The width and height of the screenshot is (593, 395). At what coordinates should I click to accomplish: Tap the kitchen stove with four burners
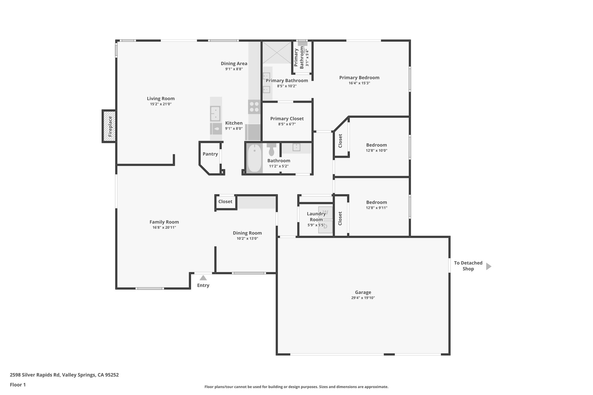pos(254,107)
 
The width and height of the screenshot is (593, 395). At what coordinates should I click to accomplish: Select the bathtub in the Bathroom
pos(254,158)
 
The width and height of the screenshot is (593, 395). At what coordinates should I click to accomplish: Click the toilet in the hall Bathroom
pos(271,149)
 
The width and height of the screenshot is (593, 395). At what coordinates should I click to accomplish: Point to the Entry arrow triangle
pos(203,278)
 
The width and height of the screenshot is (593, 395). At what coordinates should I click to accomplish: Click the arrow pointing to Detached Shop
pos(488,266)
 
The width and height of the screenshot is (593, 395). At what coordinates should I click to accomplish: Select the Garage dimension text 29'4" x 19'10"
pos(363,298)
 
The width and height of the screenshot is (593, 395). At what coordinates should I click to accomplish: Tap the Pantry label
pos(210,154)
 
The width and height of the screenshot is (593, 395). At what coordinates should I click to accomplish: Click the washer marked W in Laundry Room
pos(325,212)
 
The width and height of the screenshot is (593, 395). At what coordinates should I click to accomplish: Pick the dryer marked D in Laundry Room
pos(325,227)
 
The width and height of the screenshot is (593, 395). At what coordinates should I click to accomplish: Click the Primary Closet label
pos(287,119)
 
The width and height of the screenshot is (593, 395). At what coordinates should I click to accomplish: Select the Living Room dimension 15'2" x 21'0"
pos(161,104)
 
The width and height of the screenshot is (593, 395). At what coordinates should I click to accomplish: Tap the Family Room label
pos(164,222)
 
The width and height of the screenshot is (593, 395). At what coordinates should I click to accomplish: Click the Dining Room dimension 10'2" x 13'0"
pos(247,238)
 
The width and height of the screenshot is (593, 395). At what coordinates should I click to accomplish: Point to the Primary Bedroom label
pos(359,78)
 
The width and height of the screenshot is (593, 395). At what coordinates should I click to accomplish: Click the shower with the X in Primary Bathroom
pos(277,52)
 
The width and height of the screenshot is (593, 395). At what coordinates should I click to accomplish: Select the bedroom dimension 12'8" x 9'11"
pos(376,208)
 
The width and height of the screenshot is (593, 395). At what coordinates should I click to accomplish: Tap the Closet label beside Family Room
pos(225,201)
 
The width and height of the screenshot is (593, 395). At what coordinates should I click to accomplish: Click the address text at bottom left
pos(64,375)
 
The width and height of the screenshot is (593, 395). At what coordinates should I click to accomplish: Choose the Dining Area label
pos(234,64)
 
